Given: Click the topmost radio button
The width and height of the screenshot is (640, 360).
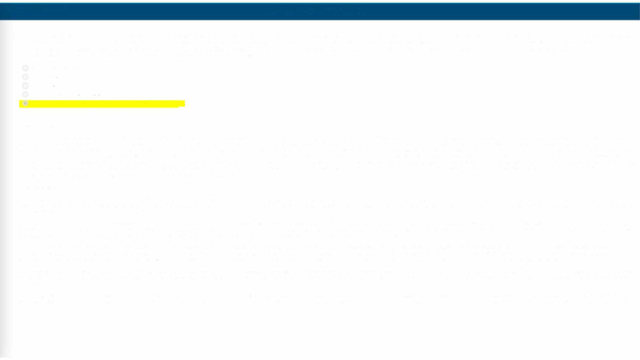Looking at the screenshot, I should (x=25, y=68).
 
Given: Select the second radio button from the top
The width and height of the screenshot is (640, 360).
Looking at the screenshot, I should (x=25, y=76).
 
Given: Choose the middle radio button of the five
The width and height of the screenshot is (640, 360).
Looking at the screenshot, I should (x=25, y=85).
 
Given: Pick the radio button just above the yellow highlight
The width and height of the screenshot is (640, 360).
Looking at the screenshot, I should (x=25, y=94).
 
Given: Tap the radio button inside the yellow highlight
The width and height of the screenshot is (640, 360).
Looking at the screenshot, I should (x=25, y=103).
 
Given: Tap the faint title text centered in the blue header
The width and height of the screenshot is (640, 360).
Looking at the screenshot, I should (x=320, y=11).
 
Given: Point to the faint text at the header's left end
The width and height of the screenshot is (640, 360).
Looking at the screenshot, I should (x=35, y=9).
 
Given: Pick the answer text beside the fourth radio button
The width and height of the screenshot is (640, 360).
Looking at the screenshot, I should (x=70, y=94).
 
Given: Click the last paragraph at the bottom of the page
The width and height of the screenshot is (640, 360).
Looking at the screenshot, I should (x=320, y=299).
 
